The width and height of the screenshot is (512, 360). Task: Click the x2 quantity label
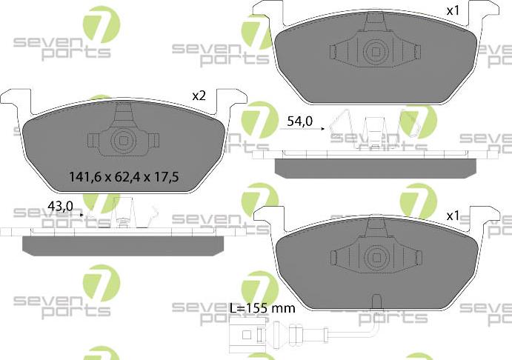click(x=198, y=96)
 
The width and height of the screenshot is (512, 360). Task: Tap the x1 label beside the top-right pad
click(x=453, y=11)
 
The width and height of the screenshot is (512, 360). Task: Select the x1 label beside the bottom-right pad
click(x=453, y=216)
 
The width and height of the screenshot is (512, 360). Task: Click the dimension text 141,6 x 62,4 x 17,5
click(x=124, y=177)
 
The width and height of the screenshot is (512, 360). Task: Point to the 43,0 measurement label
click(x=60, y=206)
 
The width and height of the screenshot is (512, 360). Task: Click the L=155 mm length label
click(x=262, y=307)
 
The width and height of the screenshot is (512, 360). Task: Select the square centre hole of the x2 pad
click(x=123, y=140)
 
